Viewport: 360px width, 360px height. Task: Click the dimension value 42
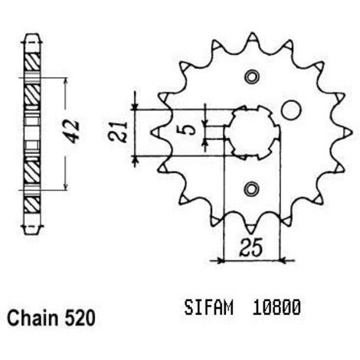73,131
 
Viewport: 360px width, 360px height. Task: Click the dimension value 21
117,132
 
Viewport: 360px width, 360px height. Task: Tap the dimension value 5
189,130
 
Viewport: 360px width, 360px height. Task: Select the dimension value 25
250,247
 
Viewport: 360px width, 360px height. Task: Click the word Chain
33,318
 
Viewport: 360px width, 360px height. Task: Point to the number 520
80,318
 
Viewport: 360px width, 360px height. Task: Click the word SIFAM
209,307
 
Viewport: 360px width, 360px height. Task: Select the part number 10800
277,307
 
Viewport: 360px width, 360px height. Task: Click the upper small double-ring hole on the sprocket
252,77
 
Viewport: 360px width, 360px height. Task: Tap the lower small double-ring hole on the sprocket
252,189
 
